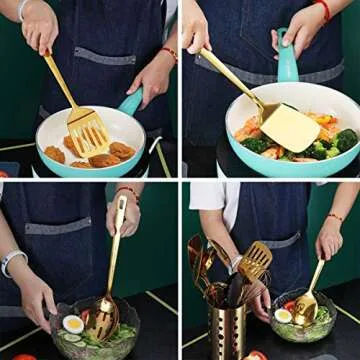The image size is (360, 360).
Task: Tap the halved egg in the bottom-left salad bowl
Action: (72, 324)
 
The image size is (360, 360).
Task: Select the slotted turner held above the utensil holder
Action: (254, 261)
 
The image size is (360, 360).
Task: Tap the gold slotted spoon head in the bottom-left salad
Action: (103, 317)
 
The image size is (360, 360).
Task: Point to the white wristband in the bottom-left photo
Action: (12, 262)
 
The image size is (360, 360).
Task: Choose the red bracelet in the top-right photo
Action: (322, 9)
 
